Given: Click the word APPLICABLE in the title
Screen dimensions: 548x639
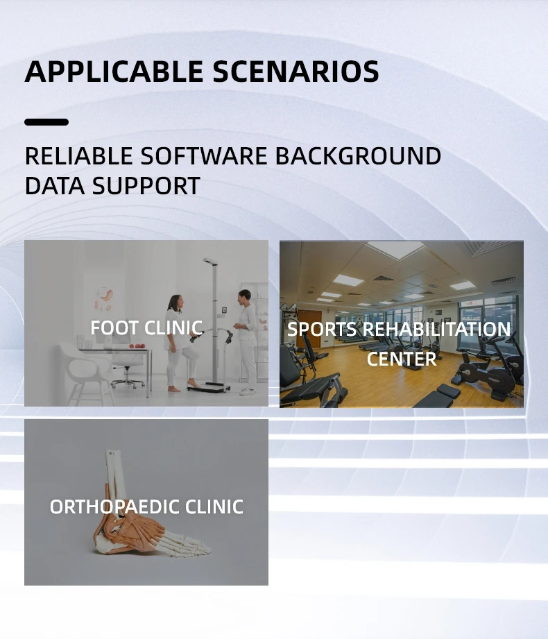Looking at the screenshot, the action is pyautogui.click(x=114, y=71).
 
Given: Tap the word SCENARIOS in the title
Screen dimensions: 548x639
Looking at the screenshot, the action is pyautogui.click(x=296, y=71).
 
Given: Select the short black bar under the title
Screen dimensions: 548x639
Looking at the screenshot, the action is pyautogui.click(x=46, y=122).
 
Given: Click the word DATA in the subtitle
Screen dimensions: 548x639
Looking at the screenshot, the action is pyautogui.click(x=55, y=186).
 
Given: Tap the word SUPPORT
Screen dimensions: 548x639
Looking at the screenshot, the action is pyautogui.click(x=146, y=186).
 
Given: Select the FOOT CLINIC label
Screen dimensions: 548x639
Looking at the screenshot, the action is pyautogui.click(x=146, y=327).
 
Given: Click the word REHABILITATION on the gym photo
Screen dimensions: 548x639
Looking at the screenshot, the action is pyautogui.click(x=436, y=330).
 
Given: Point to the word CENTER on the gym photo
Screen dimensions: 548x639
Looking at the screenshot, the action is pyautogui.click(x=402, y=359).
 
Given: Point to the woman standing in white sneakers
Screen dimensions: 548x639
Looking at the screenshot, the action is pyautogui.click(x=246, y=341).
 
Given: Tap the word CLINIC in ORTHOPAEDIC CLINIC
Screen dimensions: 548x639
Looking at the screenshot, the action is pyautogui.click(x=214, y=507).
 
